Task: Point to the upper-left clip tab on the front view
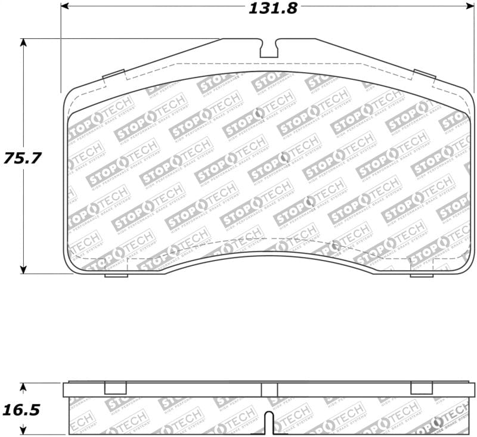pos(113,75)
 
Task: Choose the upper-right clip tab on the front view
pos(425,75)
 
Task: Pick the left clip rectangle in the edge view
pos(116,388)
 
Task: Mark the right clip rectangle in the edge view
pos(422,388)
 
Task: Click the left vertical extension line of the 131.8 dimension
pos(61,48)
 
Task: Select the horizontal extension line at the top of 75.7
pos(119,39)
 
